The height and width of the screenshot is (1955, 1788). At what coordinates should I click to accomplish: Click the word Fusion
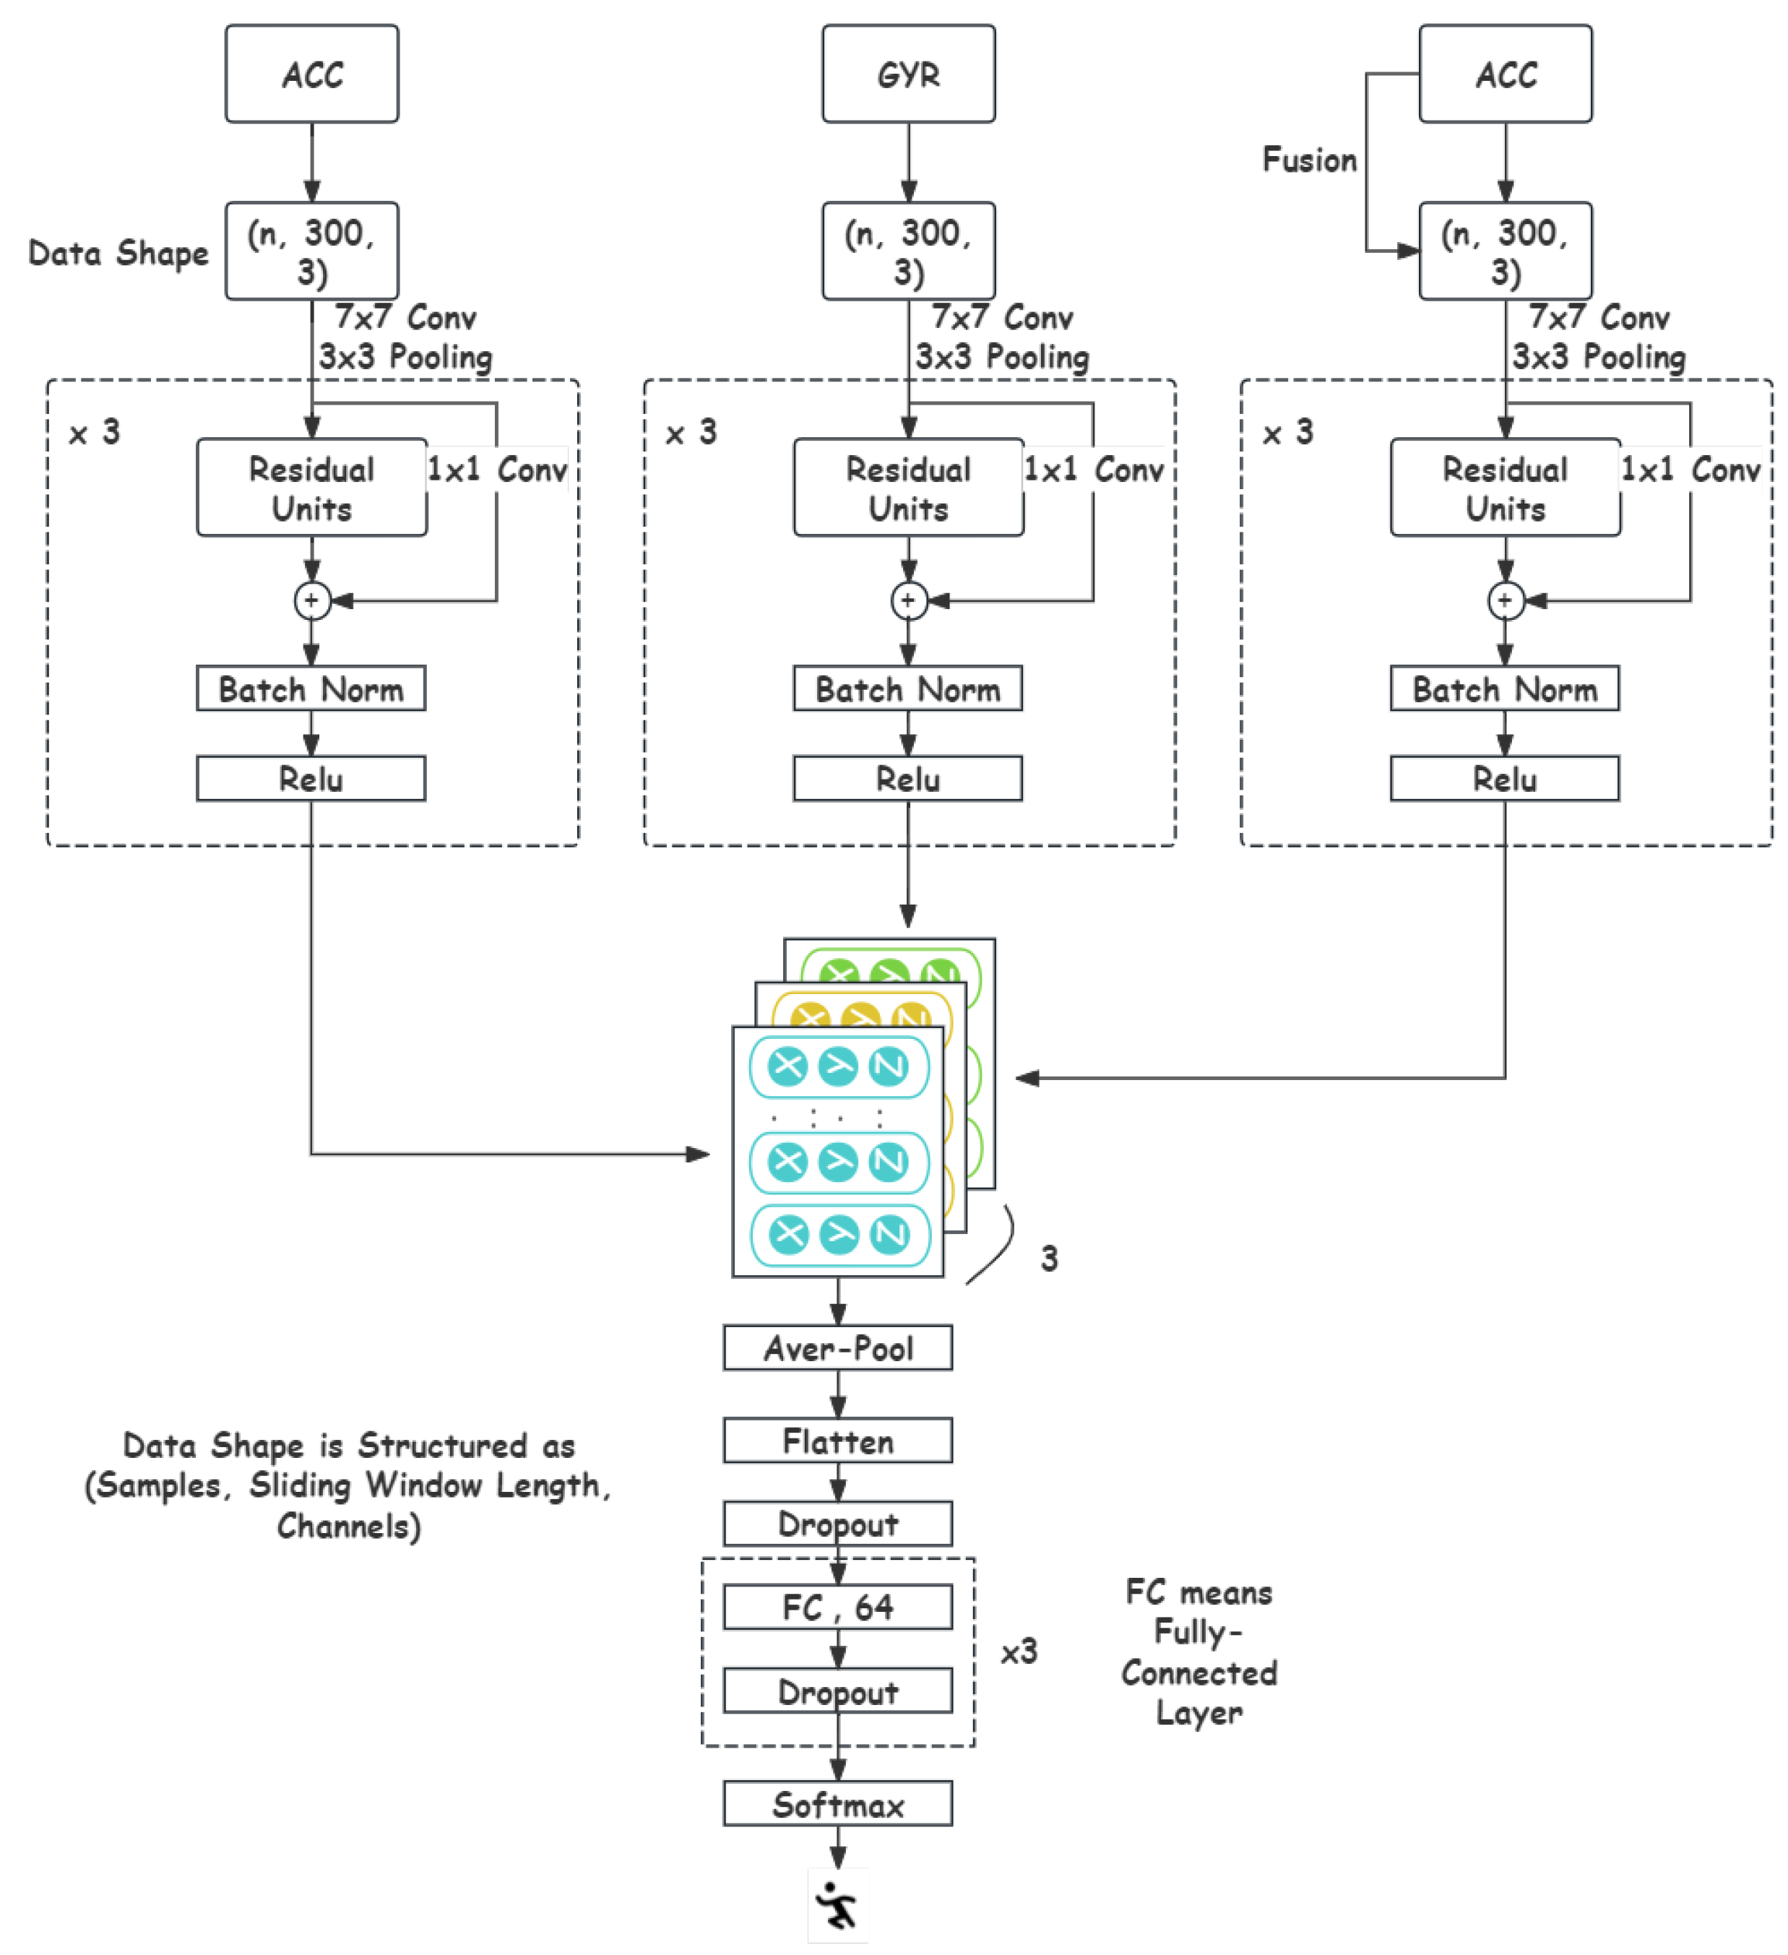point(1308,160)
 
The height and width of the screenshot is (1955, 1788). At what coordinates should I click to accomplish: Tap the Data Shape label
point(118,253)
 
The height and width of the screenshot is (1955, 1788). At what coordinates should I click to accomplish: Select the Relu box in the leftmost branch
point(311,779)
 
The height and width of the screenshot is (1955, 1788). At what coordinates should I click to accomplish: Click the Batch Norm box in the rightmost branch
point(1504,689)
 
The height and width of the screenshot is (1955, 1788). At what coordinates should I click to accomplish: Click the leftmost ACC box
point(311,74)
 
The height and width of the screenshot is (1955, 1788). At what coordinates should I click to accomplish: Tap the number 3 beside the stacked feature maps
point(1048,1259)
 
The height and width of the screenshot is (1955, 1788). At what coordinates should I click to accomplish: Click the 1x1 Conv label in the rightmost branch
point(1689,470)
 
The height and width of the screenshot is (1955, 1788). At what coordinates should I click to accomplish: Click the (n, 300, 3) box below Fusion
point(1504,251)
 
